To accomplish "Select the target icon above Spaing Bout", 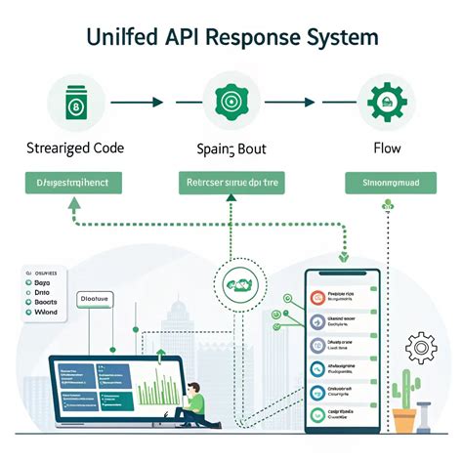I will click(x=231, y=102).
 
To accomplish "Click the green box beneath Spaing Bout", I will click(x=231, y=182).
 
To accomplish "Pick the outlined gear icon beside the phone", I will click(x=421, y=347).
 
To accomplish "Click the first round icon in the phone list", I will click(x=316, y=297).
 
